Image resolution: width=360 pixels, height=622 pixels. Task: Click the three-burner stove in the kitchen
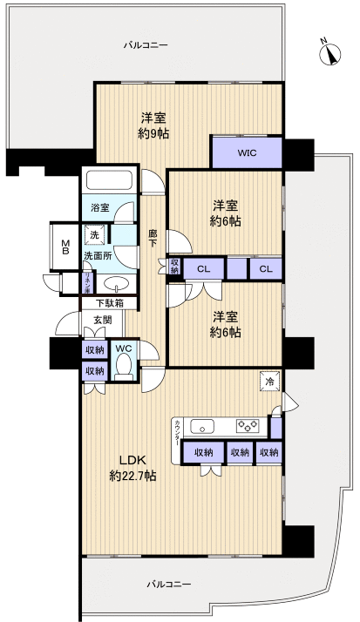248,427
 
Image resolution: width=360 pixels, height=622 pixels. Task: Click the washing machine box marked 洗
92,235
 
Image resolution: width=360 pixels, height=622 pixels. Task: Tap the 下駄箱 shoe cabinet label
109,304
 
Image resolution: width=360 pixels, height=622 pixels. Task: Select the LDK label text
120,460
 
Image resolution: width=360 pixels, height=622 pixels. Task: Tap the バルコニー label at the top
145,44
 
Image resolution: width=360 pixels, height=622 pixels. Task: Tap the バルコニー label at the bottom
168,584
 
